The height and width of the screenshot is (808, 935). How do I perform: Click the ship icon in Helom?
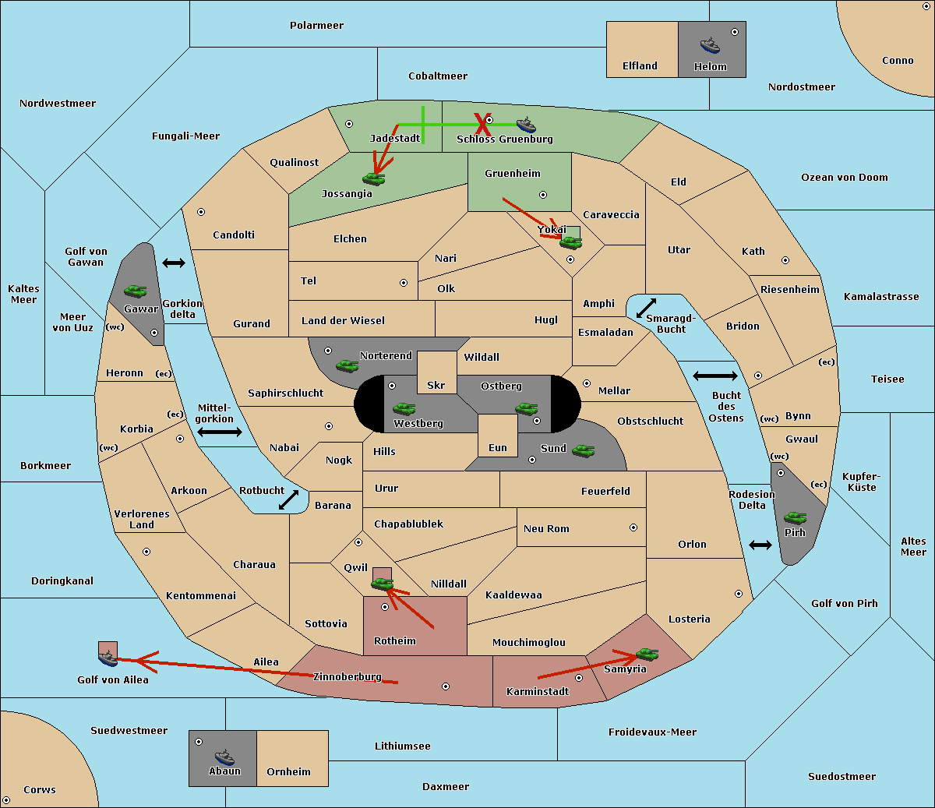(710, 45)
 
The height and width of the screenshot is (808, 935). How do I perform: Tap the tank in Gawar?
(136, 291)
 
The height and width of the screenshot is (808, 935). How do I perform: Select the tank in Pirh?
(795, 517)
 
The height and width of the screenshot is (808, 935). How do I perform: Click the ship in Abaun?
(224, 757)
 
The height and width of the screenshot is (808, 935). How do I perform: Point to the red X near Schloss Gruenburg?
(482, 125)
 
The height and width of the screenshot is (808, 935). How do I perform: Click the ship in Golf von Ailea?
(108, 658)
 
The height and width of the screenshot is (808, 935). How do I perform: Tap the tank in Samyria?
(647, 654)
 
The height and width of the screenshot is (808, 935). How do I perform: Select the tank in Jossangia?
(374, 178)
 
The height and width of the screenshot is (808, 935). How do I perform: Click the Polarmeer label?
(316, 26)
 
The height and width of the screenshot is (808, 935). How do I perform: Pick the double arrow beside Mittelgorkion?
(220, 432)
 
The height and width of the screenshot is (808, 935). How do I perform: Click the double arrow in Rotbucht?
(288, 500)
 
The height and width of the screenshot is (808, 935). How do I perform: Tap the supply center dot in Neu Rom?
(633, 527)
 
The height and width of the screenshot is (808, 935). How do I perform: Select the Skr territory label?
(436, 385)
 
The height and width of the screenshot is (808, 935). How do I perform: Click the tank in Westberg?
(404, 408)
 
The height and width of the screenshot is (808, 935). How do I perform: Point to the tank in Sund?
(583, 450)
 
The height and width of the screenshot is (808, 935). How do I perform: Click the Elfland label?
(640, 66)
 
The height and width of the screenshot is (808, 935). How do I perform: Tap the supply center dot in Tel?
(404, 283)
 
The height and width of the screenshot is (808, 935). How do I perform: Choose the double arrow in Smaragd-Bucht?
(646, 308)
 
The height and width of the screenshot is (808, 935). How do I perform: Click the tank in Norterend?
(347, 365)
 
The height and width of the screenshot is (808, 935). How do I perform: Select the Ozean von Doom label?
(844, 178)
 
